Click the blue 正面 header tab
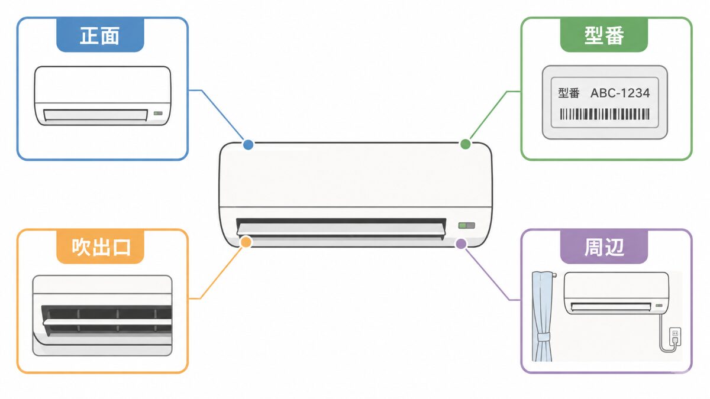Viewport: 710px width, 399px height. (x=100, y=35)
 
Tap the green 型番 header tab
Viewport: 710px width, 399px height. (x=604, y=35)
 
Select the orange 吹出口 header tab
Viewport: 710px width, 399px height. (x=100, y=246)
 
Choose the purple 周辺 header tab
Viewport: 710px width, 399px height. (x=604, y=246)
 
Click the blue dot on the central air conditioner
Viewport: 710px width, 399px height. (x=248, y=145)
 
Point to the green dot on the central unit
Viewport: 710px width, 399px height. (x=465, y=144)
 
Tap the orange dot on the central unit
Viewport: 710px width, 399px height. (x=246, y=242)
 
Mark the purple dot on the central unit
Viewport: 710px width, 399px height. (x=461, y=244)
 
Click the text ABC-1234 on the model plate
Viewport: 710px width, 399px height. (x=620, y=93)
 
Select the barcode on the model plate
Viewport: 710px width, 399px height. (x=605, y=114)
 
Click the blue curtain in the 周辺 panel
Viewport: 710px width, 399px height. (x=543, y=316)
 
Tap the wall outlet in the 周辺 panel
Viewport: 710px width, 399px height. (x=675, y=337)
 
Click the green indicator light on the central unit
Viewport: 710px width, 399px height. (x=467, y=225)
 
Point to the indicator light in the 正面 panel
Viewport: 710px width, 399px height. (x=158, y=113)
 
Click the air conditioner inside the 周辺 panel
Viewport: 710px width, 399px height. (x=616, y=293)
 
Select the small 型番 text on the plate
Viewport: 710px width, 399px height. (x=569, y=93)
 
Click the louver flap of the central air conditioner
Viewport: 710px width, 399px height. (x=341, y=229)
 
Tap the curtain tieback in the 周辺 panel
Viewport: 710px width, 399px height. (x=543, y=336)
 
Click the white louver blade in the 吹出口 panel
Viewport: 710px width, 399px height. (x=107, y=322)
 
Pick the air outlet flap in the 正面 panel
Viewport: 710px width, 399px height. (x=95, y=115)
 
